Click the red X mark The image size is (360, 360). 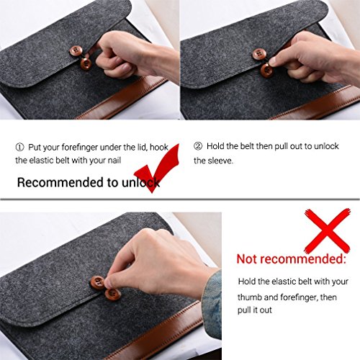coord(328,231)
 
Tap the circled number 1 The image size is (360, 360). coord(19,147)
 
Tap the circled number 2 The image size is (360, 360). coord(198,146)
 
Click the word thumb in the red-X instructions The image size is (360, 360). coord(250,297)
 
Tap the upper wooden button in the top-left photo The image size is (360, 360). coord(76,51)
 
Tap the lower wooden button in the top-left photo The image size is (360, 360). coord(86,64)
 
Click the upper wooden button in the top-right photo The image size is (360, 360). coord(258,54)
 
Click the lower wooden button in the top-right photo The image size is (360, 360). coord(266,70)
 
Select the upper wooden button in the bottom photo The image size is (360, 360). coord(97,282)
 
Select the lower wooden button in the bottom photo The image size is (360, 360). coord(113,294)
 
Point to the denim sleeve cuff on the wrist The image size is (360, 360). coord(212,305)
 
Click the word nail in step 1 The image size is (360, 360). coord(114,161)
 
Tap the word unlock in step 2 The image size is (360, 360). coord(326,146)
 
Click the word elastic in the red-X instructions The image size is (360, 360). coord(284,281)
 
